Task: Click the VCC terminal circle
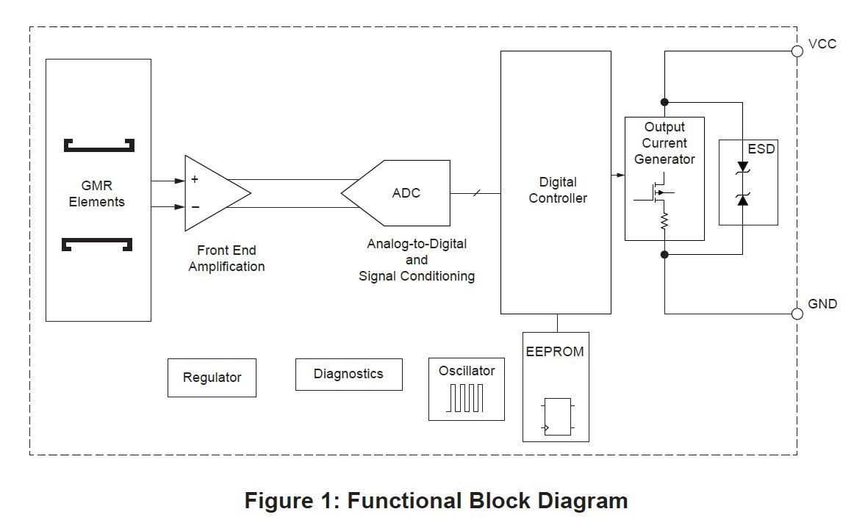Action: click(797, 51)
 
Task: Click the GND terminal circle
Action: click(797, 314)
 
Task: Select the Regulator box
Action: click(212, 378)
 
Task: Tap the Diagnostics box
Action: click(348, 374)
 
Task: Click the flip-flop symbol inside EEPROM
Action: click(557, 416)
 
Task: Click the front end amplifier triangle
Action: click(213, 193)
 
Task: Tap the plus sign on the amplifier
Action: click(195, 179)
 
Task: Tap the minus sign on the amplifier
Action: click(195, 207)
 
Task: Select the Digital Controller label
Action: click(558, 189)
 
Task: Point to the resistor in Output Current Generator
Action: click(664, 220)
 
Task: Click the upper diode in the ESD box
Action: click(742, 168)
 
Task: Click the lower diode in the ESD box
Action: click(742, 198)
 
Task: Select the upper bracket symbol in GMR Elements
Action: click(98, 145)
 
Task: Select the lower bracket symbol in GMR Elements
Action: click(98, 245)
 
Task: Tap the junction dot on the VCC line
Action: click(664, 101)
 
